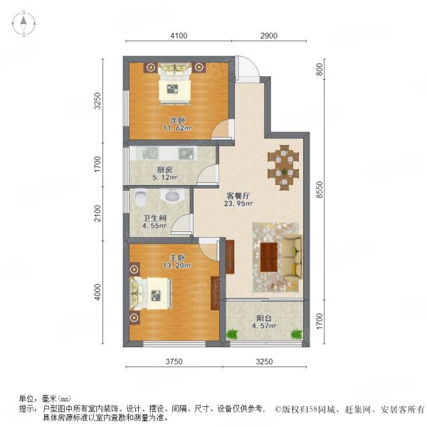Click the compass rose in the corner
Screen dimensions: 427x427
point(23,23)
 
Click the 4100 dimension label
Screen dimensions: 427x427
point(179,36)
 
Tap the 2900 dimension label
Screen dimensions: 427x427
point(269,36)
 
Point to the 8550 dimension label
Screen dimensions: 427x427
point(320,189)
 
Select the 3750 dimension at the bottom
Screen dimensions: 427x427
point(174,362)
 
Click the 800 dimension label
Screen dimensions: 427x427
point(320,69)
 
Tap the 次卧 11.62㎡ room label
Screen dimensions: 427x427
point(177,124)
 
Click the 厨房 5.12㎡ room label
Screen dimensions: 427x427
point(165,174)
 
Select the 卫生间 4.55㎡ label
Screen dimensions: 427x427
point(154,221)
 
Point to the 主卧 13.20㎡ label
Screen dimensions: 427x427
point(177,261)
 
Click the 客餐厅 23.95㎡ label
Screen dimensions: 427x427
point(238,199)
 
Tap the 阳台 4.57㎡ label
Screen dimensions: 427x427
point(264,322)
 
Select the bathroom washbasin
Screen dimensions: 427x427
point(172,195)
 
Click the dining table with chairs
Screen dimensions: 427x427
point(283,167)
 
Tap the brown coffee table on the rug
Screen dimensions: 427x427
point(269,257)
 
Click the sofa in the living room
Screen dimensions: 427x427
point(292,257)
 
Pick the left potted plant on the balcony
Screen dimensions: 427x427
point(232,334)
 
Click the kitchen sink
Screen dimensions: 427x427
point(149,153)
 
